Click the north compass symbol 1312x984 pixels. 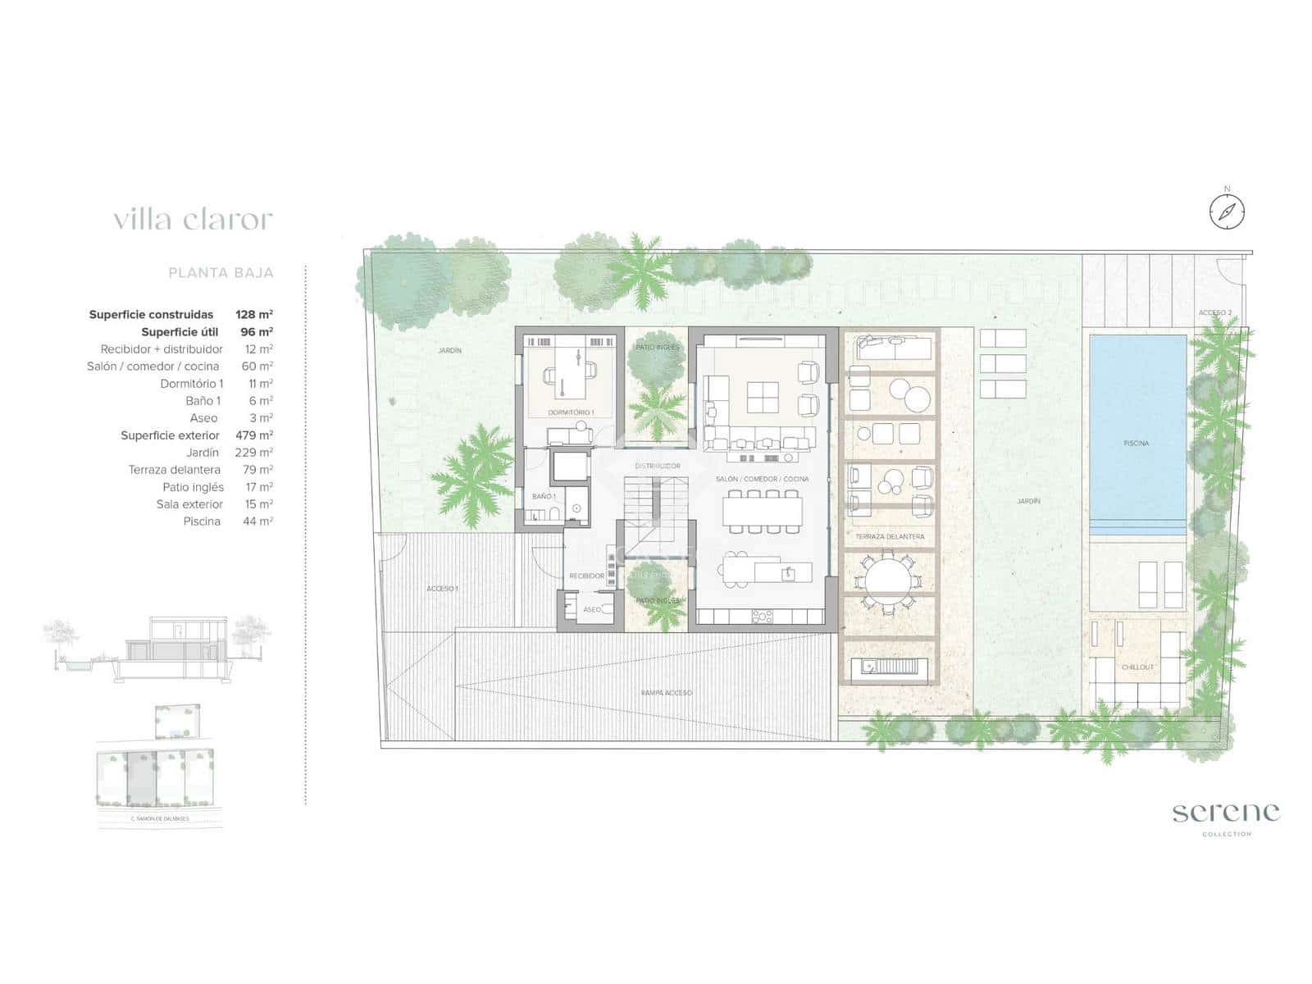coord(1227,212)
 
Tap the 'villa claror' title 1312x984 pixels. coord(193,220)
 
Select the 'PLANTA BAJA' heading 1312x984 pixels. coord(221,273)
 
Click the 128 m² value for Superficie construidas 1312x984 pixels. coord(254,314)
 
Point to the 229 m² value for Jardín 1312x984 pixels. coord(254,453)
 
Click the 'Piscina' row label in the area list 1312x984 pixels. coord(202,522)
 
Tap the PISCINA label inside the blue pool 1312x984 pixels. coord(1136,444)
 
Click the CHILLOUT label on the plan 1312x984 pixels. coord(1137,667)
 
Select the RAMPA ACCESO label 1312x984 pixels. coord(667,693)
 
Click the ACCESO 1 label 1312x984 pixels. coord(442,589)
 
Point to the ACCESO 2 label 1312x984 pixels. coord(1214,313)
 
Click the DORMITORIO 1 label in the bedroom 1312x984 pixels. coord(571,412)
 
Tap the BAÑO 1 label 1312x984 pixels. coord(544,497)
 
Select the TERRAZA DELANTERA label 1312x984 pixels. coord(890,537)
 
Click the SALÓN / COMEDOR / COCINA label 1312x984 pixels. coord(762,479)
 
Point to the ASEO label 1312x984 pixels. coord(591,610)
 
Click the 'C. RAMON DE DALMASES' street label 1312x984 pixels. coord(159,818)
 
